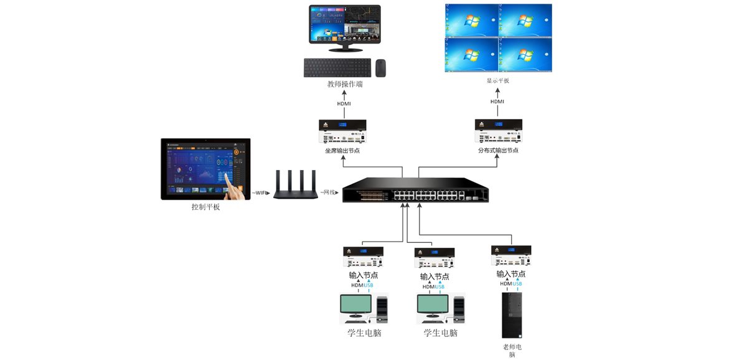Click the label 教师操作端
point(345,84)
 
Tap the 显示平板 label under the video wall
point(498,80)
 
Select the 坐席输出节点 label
point(342,151)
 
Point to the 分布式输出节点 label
point(498,151)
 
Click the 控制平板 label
point(205,207)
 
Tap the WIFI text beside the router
point(261,193)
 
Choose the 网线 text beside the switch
point(328,193)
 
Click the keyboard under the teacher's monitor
point(337,67)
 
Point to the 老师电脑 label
point(512,351)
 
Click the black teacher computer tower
point(512,315)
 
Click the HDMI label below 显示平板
point(497,102)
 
